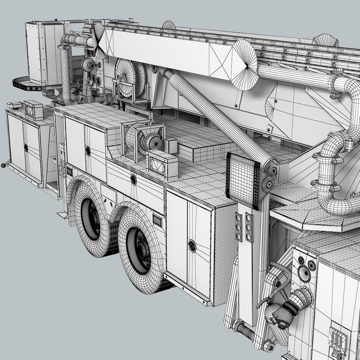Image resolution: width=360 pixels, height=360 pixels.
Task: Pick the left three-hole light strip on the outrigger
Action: click(239, 227)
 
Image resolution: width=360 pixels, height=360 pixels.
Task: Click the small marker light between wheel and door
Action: click(157, 220)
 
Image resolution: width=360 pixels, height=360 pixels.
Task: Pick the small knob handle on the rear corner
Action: click(4, 164)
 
